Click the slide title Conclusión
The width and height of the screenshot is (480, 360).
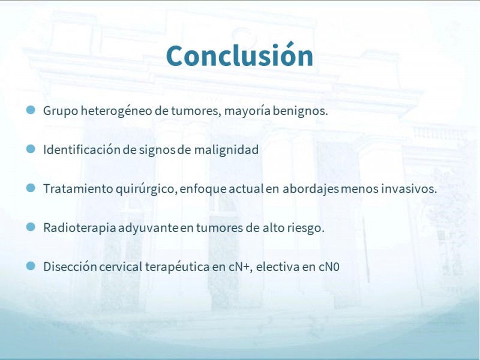tap(239, 55)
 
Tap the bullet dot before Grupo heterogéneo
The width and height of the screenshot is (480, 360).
tap(31, 110)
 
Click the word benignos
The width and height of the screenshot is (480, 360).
tap(300, 111)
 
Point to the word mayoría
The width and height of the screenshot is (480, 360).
tap(247, 111)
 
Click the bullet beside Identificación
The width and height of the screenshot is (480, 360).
tap(31, 149)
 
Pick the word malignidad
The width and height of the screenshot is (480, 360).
tap(226, 150)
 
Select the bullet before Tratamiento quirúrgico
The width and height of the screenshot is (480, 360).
tap(31, 188)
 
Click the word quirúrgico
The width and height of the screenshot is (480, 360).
tap(146, 189)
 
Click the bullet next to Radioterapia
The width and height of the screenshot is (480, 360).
tap(31, 227)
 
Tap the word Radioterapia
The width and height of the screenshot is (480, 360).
tap(80, 228)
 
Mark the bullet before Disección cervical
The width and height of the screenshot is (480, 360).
tap(31, 266)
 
